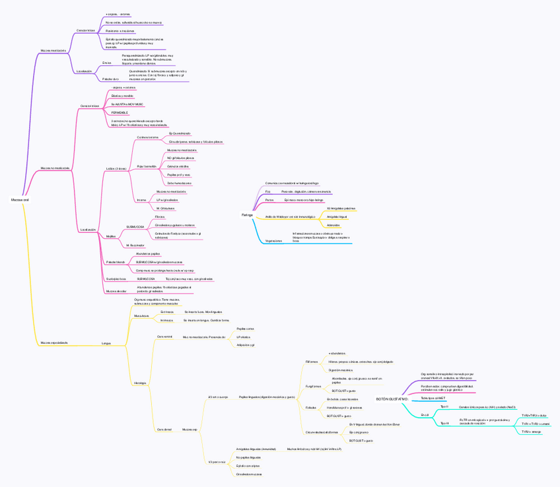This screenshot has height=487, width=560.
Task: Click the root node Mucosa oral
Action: point(20,199)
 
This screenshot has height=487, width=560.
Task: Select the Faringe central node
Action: point(247,215)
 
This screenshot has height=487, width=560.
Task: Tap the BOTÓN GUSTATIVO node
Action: point(392,399)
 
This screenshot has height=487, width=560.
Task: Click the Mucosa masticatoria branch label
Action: point(53,50)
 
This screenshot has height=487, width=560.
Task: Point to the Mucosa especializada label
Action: point(54,342)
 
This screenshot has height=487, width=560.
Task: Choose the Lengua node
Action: point(106,343)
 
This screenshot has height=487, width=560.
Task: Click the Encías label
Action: point(107,63)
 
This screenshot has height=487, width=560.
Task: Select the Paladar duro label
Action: point(111,79)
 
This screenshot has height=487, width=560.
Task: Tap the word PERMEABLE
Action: point(120,113)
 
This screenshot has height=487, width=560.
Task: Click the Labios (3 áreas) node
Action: point(116,168)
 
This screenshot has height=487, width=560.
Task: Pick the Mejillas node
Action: point(111,236)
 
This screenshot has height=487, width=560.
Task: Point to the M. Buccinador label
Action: point(135,245)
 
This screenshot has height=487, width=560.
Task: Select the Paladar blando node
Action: point(116,262)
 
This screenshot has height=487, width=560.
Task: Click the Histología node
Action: point(140,383)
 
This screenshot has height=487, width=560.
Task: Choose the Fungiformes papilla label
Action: point(313,386)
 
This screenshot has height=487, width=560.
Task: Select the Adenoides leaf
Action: point(333,225)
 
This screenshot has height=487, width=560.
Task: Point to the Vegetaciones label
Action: point(273,241)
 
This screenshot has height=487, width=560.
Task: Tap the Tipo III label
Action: point(444,423)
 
